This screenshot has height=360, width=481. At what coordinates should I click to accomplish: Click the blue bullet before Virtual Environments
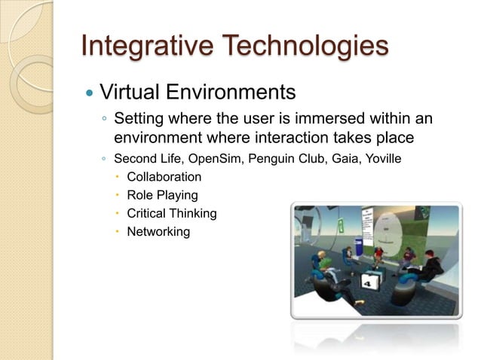click(90, 94)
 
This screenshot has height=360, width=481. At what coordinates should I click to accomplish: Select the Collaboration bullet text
click(164, 178)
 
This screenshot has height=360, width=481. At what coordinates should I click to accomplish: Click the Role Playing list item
click(162, 196)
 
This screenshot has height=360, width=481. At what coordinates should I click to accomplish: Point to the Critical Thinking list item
click(171, 214)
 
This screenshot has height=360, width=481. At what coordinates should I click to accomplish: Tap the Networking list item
click(158, 232)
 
